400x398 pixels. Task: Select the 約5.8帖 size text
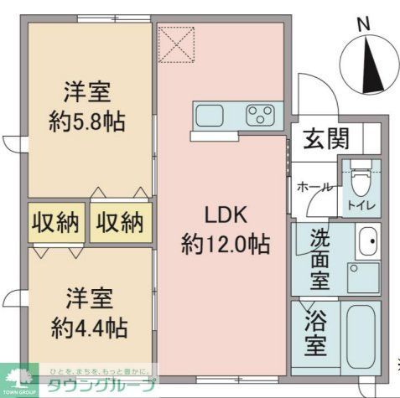87,122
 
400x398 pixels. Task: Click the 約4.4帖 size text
87,327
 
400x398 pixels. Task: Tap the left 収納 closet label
56,223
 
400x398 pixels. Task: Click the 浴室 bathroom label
317,334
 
